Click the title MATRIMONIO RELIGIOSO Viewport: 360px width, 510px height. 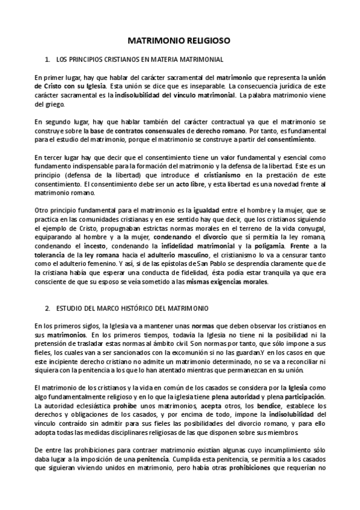pyautogui.click(x=180, y=41)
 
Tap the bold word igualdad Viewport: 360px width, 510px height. pyautogui.click(x=209, y=210)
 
